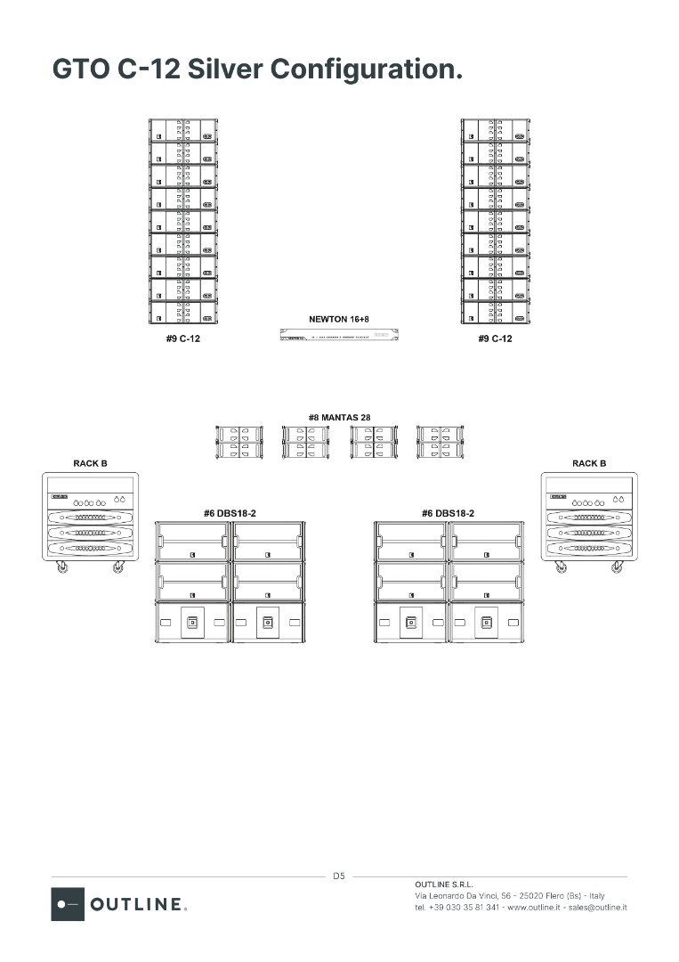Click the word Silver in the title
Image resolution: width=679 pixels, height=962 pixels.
pos(224,69)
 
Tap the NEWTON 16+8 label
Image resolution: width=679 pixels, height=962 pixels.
pos(338,318)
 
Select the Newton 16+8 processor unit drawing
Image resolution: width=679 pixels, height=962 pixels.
pos(338,335)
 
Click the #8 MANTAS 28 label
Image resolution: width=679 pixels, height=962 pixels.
pos(339,417)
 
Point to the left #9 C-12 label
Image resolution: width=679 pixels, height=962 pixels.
pos(183,338)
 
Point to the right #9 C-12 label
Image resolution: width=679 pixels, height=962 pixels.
pos(495,338)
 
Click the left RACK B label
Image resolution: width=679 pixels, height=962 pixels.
pos(90,463)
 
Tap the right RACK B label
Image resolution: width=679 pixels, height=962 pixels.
pos(589,463)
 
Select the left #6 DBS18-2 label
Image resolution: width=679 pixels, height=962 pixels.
pos(230,513)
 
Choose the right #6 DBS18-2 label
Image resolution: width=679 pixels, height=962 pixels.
pos(448,513)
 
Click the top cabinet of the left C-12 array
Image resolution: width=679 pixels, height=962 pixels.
pos(183,131)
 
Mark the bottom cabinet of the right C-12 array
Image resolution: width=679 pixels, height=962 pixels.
pos(496,313)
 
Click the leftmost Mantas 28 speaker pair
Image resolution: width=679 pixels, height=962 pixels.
pos(239,442)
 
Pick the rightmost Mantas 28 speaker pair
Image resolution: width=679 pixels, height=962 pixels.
pos(441,442)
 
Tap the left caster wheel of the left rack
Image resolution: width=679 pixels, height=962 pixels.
pos(61,567)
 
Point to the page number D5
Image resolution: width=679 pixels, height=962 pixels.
pos(339,876)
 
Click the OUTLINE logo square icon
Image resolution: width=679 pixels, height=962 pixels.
pos(68,903)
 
